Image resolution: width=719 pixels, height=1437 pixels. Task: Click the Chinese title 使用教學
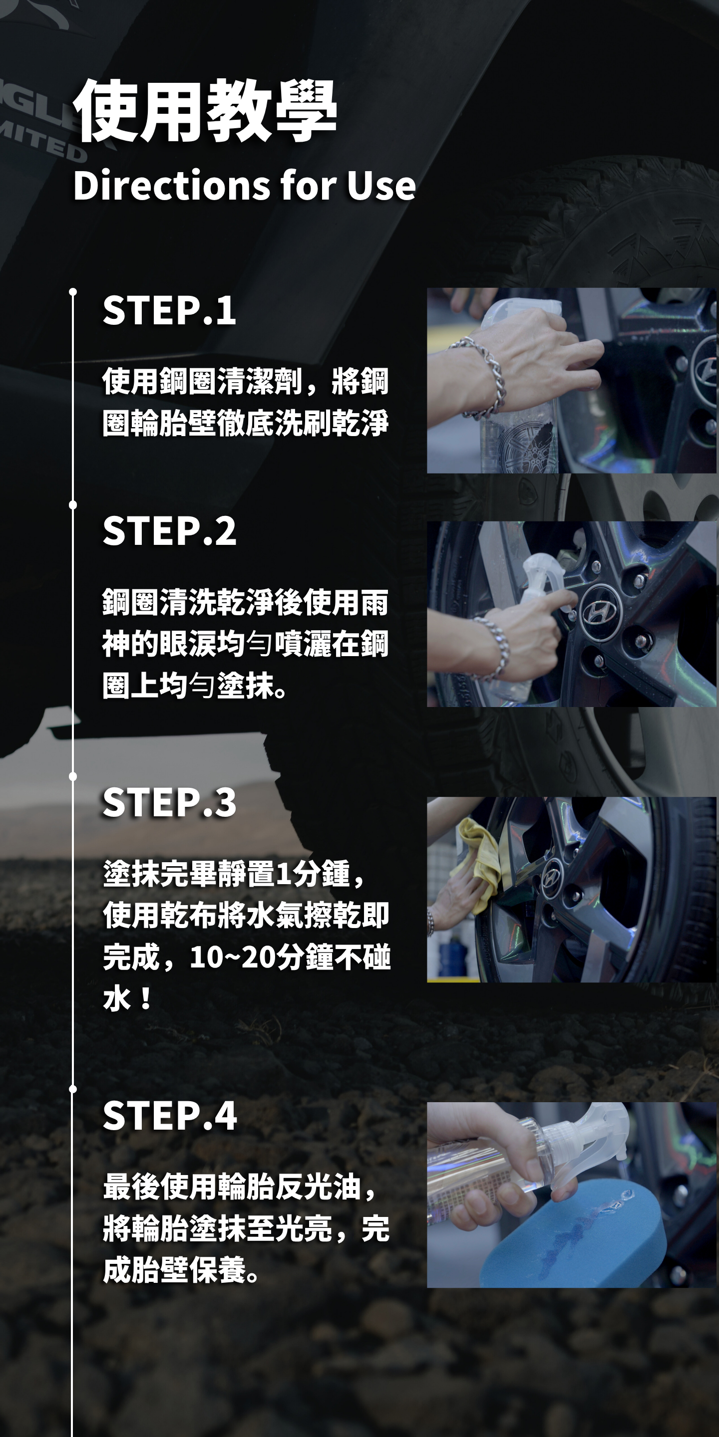pos(205,110)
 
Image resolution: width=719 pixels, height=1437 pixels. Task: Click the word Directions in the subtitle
pos(172,185)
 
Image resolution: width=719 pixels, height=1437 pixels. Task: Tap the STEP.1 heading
pos(169,310)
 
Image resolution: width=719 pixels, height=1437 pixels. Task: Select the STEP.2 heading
pos(169,530)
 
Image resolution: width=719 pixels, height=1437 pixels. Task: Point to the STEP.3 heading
pos(169,802)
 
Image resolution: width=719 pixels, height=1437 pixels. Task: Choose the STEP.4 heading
pos(170,1116)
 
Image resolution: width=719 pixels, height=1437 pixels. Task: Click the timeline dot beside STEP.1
pos(72,292)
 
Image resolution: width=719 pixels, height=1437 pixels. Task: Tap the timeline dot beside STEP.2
pos(72,505)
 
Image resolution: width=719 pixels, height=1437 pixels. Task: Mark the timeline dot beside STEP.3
pos(72,776)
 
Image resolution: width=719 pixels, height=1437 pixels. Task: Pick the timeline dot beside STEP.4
pos(72,1088)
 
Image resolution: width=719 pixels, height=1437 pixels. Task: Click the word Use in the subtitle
pos(381,185)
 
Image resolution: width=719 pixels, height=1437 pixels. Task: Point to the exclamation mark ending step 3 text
pos(146,998)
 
